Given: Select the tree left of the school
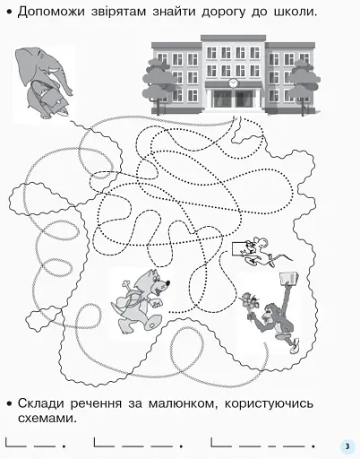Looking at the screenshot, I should pos(162,85).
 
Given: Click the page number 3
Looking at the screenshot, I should pos(347,446).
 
